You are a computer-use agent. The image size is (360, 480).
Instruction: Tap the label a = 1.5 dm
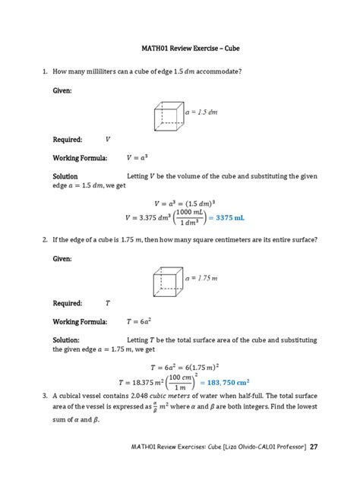click(201, 112)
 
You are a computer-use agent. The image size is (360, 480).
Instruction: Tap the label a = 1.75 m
click(203, 279)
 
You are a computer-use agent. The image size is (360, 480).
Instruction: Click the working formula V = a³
click(137, 158)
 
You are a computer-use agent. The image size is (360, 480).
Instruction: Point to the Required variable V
click(108, 140)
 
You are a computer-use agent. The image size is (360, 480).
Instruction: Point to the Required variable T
click(108, 302)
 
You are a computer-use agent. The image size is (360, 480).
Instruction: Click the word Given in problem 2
click(62, 259)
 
